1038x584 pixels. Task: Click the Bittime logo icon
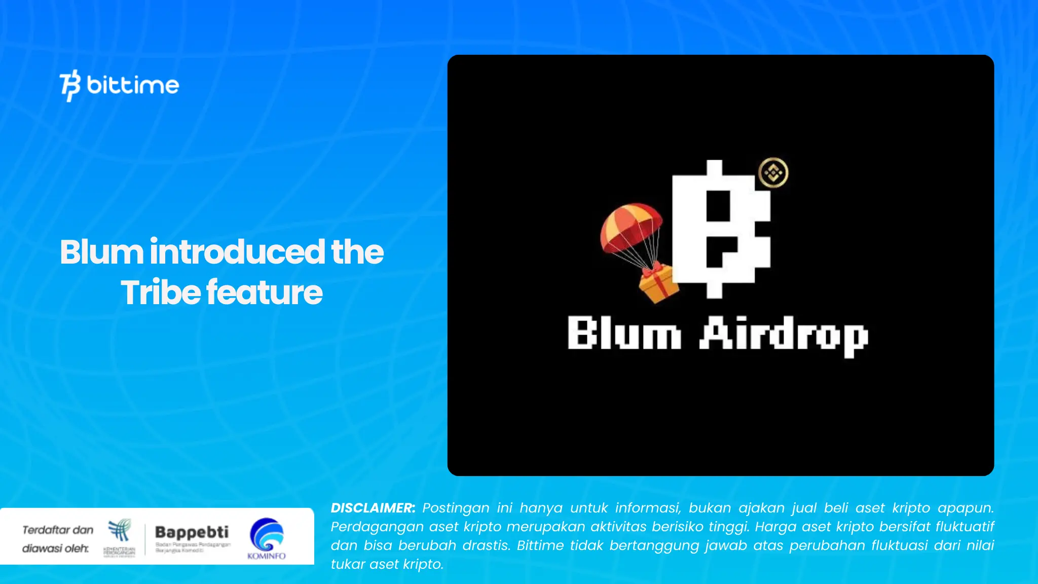click(x=70, y=85)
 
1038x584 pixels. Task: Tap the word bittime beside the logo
click(x=133, y=85)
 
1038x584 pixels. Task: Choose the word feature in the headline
click(x=264, y=293)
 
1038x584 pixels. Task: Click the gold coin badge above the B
click(x=773, y=173)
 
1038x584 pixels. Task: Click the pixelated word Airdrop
click(x=783, y=335)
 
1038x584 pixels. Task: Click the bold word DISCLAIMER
click(x=373, y=508)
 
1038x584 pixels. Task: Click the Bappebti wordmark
click(x=192, y=532)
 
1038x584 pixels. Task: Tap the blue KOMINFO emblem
click(x=267, y=535)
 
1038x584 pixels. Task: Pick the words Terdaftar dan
click(x=58, y=530)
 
